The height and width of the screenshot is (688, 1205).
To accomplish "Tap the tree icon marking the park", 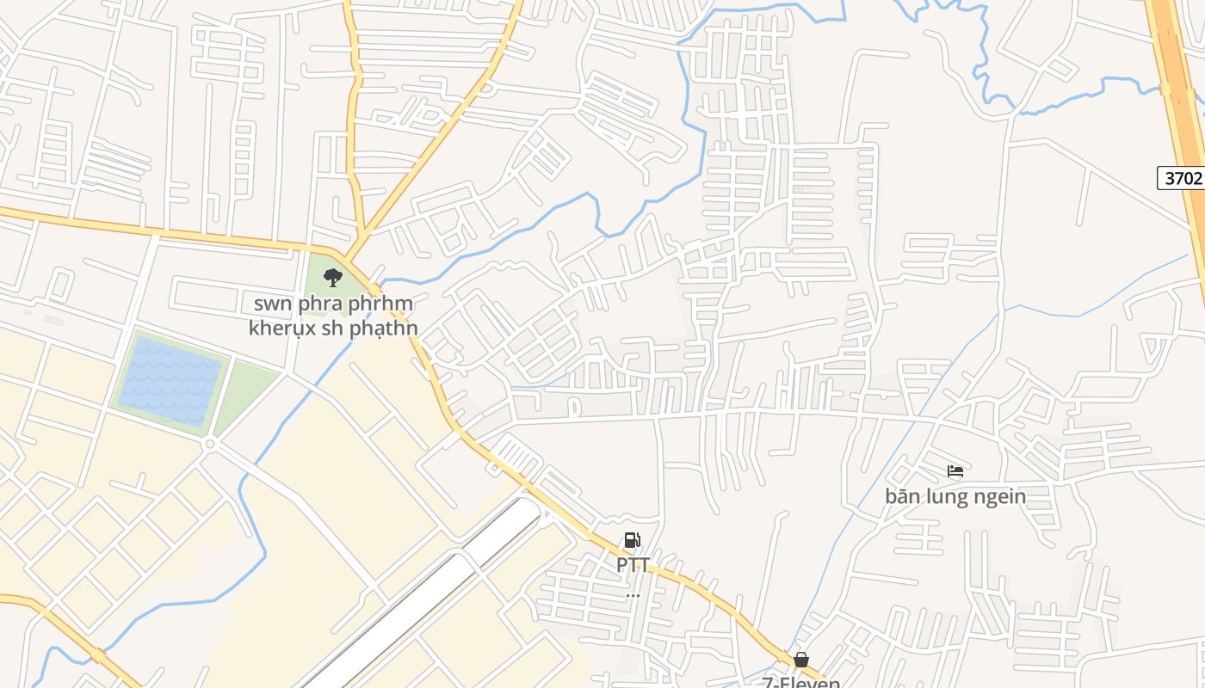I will click(333, 277).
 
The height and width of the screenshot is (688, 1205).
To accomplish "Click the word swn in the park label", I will click(272, 304).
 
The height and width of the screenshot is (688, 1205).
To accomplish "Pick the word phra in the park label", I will click(320, 304).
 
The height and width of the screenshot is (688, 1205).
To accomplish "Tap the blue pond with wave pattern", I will click(170, 380).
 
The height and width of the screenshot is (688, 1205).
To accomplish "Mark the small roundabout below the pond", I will click(209, 444).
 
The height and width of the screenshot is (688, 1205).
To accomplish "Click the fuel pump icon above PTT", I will click(633, 540).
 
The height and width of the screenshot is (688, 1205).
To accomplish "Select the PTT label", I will click(633, 565).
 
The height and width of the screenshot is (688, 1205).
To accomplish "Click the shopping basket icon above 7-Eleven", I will click(801, 660).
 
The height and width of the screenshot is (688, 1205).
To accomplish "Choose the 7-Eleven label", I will click(801, 682).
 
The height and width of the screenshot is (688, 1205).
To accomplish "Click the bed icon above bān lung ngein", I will click(955, 471).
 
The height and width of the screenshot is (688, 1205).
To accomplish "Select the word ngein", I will click(1001, 496).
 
